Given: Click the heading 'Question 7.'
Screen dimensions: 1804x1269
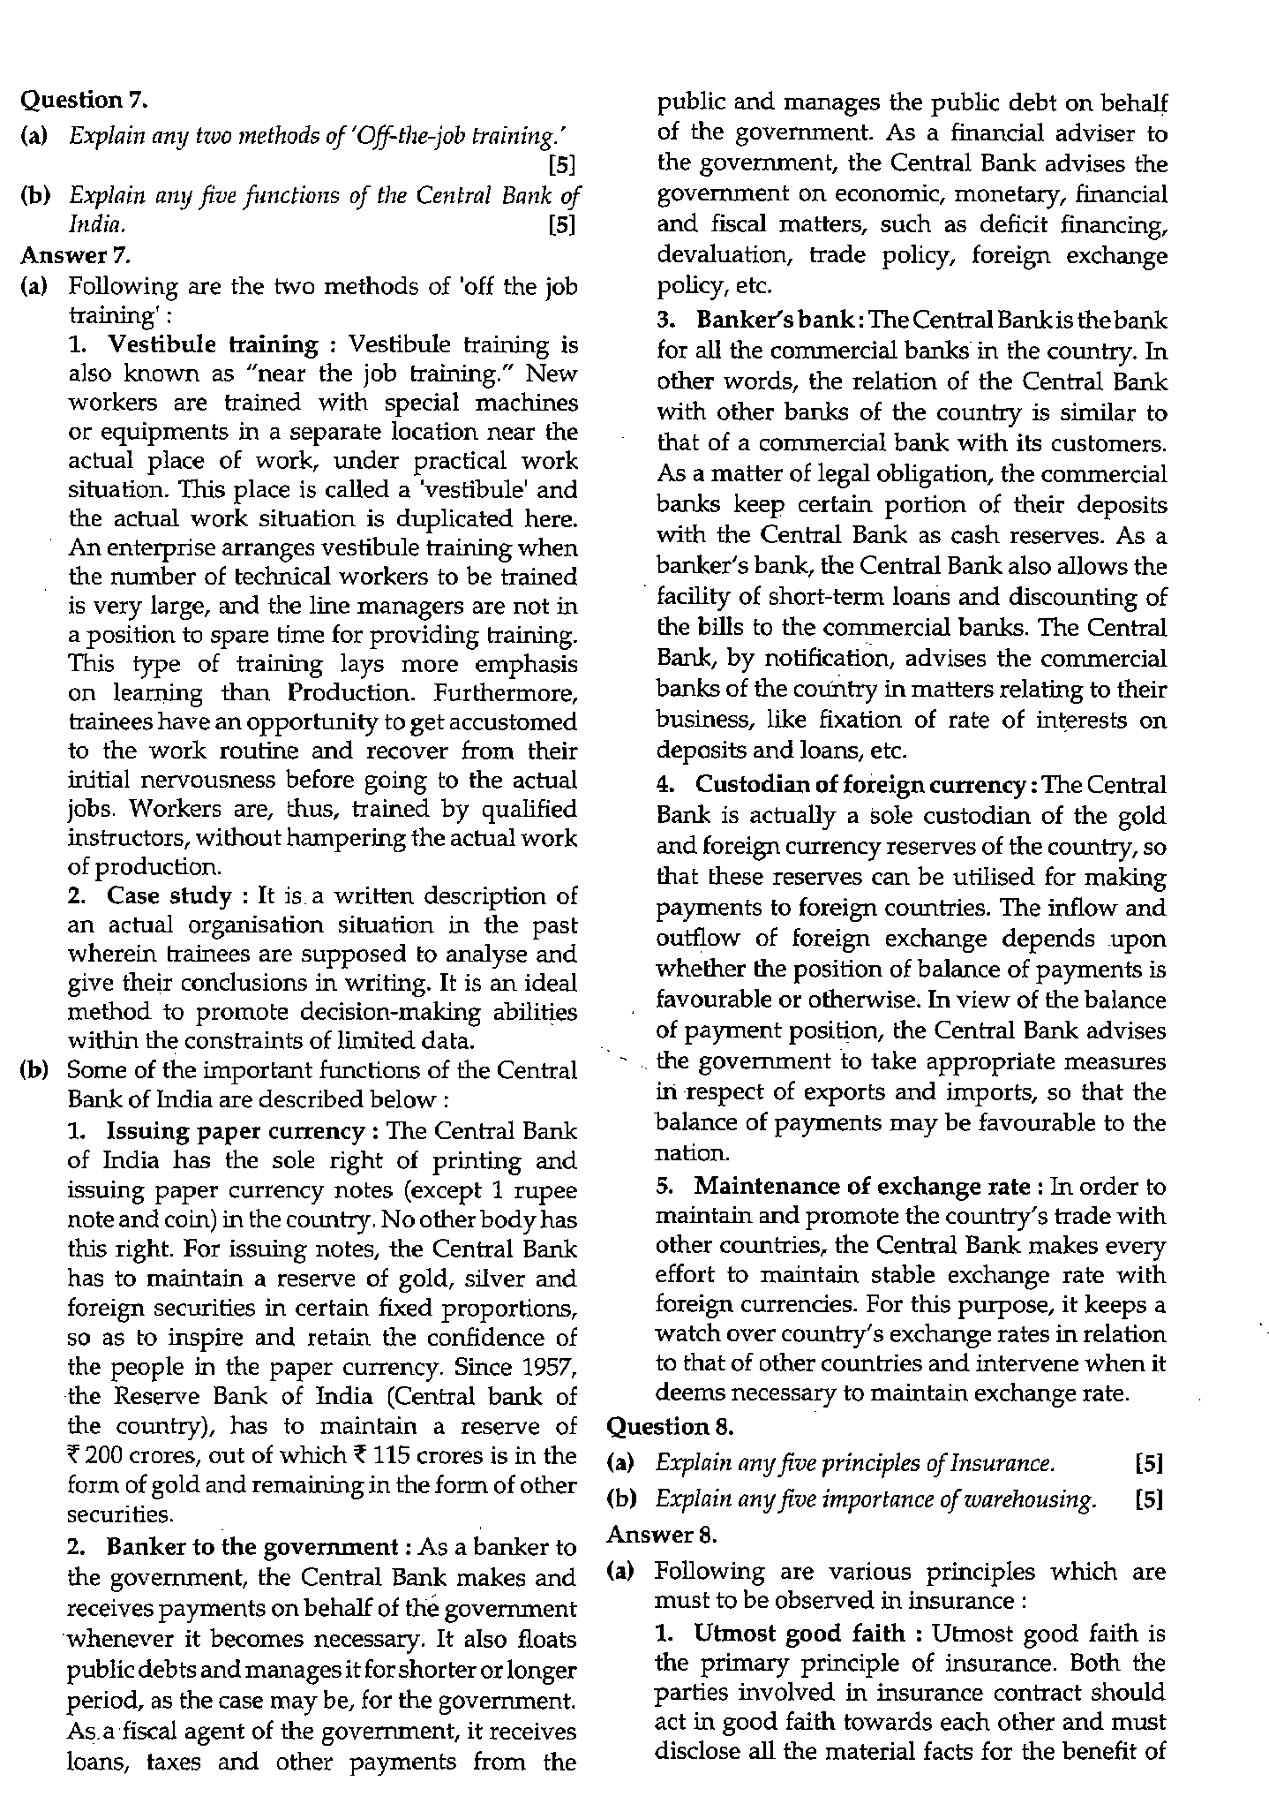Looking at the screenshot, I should (83, 101).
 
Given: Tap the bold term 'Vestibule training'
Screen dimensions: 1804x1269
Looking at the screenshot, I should (212, 344).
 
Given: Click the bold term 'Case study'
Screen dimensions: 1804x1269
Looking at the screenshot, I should (169, 895).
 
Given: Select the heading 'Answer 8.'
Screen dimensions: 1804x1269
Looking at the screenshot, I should (663, 1534).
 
